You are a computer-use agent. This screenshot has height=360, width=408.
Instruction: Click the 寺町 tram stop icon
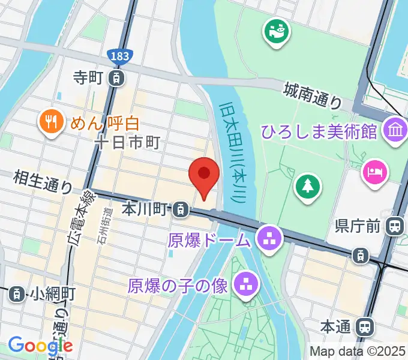[x=118, y=77]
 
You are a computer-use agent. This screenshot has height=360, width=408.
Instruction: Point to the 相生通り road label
[x=43, y=180]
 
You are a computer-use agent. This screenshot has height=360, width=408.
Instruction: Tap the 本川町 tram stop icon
[x=179, y=209]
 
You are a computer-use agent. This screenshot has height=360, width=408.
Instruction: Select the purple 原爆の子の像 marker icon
[x=244, y=284]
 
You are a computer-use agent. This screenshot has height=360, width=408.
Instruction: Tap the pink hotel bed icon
[x=374, y=172]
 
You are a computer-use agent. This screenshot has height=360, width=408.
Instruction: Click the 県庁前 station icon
[x=395, y=226]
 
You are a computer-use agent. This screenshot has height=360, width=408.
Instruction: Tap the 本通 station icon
[x=363, y=327]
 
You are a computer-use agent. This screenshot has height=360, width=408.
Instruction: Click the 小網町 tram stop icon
[x=17, y=293]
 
